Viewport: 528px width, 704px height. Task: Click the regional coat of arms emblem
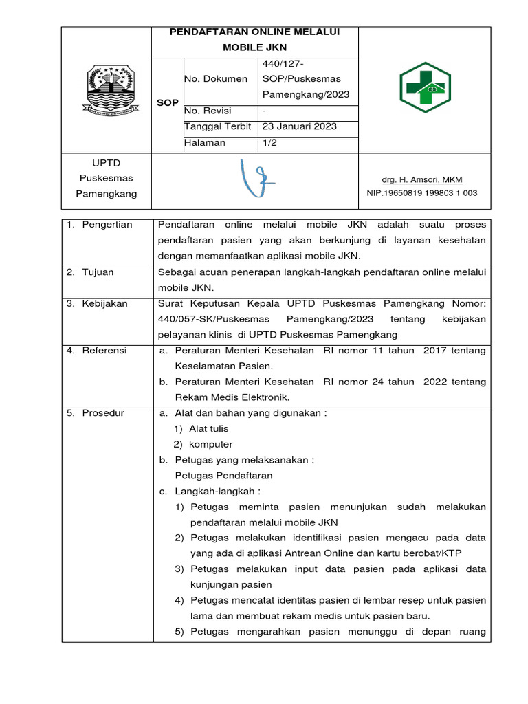(x=106, y=90)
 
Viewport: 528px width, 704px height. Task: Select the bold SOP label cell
(x=167, y=102)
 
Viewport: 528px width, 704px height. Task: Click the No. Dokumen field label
(x=216, y=79)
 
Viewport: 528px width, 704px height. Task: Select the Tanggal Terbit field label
(x=217, y=127)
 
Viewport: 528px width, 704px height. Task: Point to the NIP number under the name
(x=422, y=194)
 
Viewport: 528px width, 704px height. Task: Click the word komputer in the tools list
(x=210, y=444)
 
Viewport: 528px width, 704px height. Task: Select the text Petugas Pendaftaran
(x=224, y=476)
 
